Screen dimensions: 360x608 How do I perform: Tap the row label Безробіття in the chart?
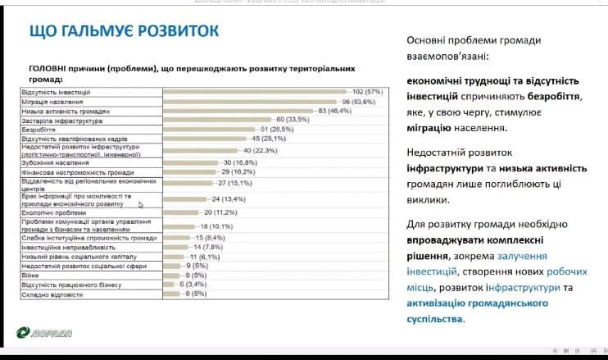pos(39,130)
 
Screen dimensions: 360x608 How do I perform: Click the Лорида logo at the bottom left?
pos(46,332)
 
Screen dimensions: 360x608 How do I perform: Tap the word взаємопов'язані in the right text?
pos(450,57)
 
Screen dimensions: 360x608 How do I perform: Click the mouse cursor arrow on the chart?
pos(140,205)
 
